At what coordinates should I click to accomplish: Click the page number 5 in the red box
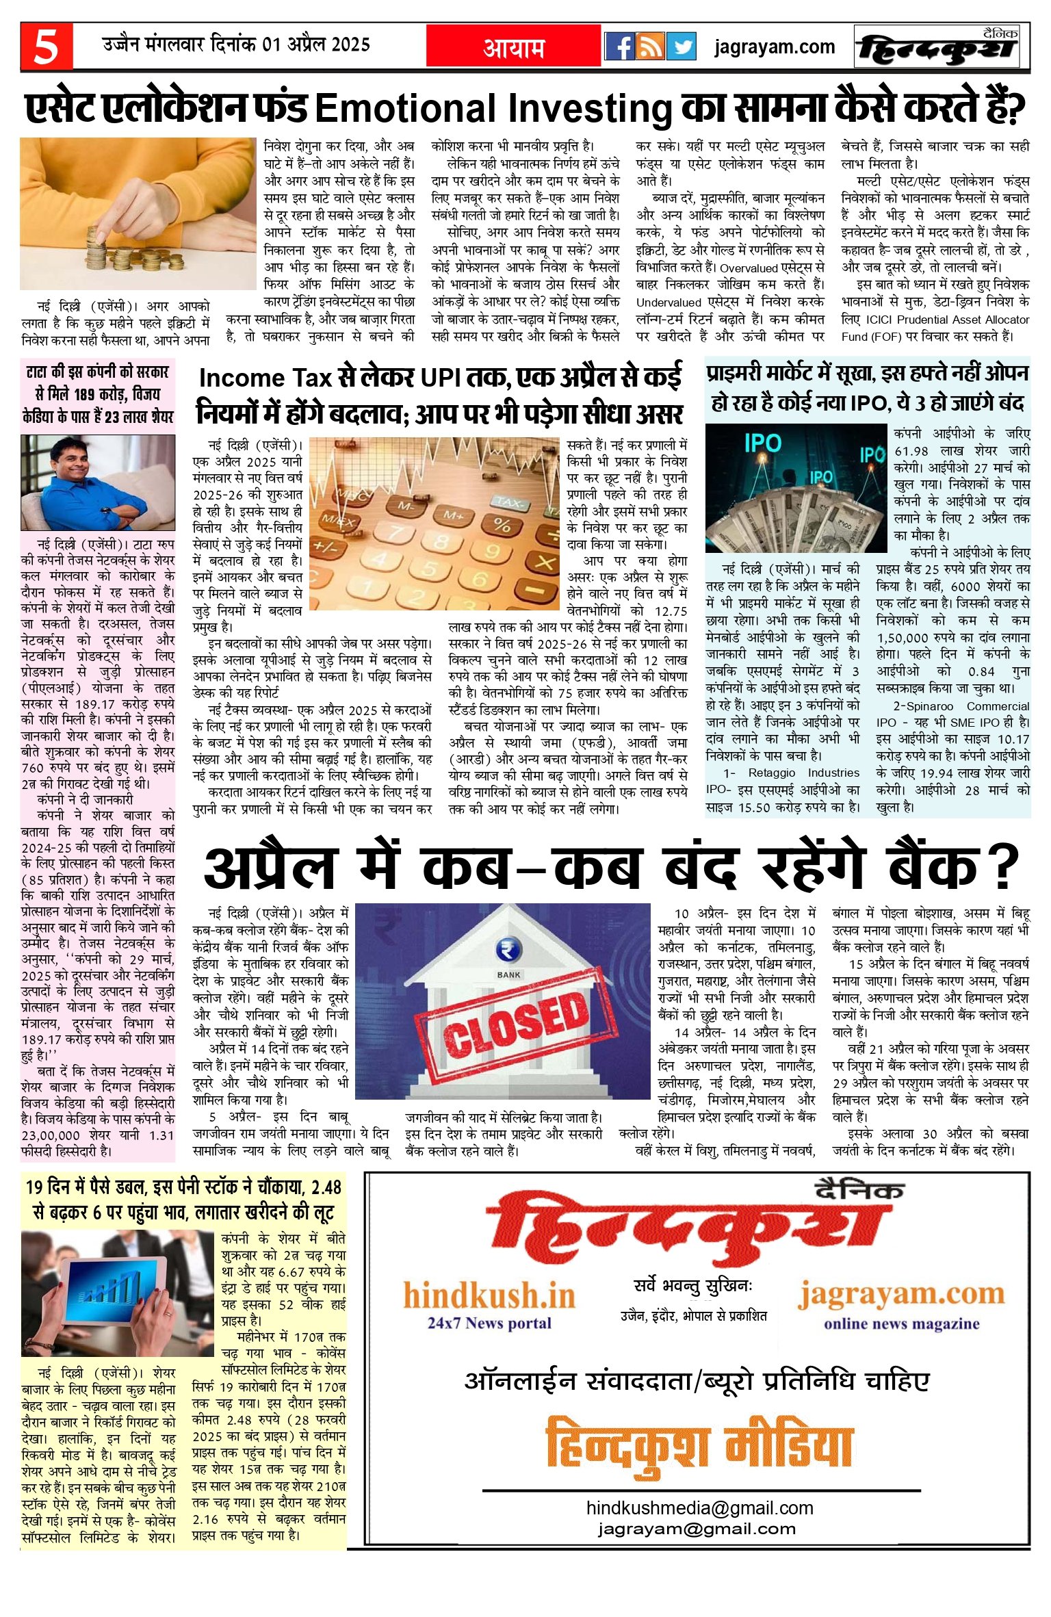coord(46,47)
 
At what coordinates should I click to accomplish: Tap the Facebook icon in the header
coord(620,47)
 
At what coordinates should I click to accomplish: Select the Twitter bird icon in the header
coord(681,47)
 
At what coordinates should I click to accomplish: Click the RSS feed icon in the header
coord(650,47)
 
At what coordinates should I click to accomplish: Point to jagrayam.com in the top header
coord(775,47)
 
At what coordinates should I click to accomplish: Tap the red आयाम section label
coord(514,47)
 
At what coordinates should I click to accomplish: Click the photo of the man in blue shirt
coord(97,482)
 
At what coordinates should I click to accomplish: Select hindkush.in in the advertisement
coord(489,1295)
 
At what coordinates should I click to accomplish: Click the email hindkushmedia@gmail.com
coord(699,1508)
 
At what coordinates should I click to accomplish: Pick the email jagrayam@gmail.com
coord(697,1529)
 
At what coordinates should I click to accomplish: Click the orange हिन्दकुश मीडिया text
coord(699,1446)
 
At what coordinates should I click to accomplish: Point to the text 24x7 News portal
coord(489,1322)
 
